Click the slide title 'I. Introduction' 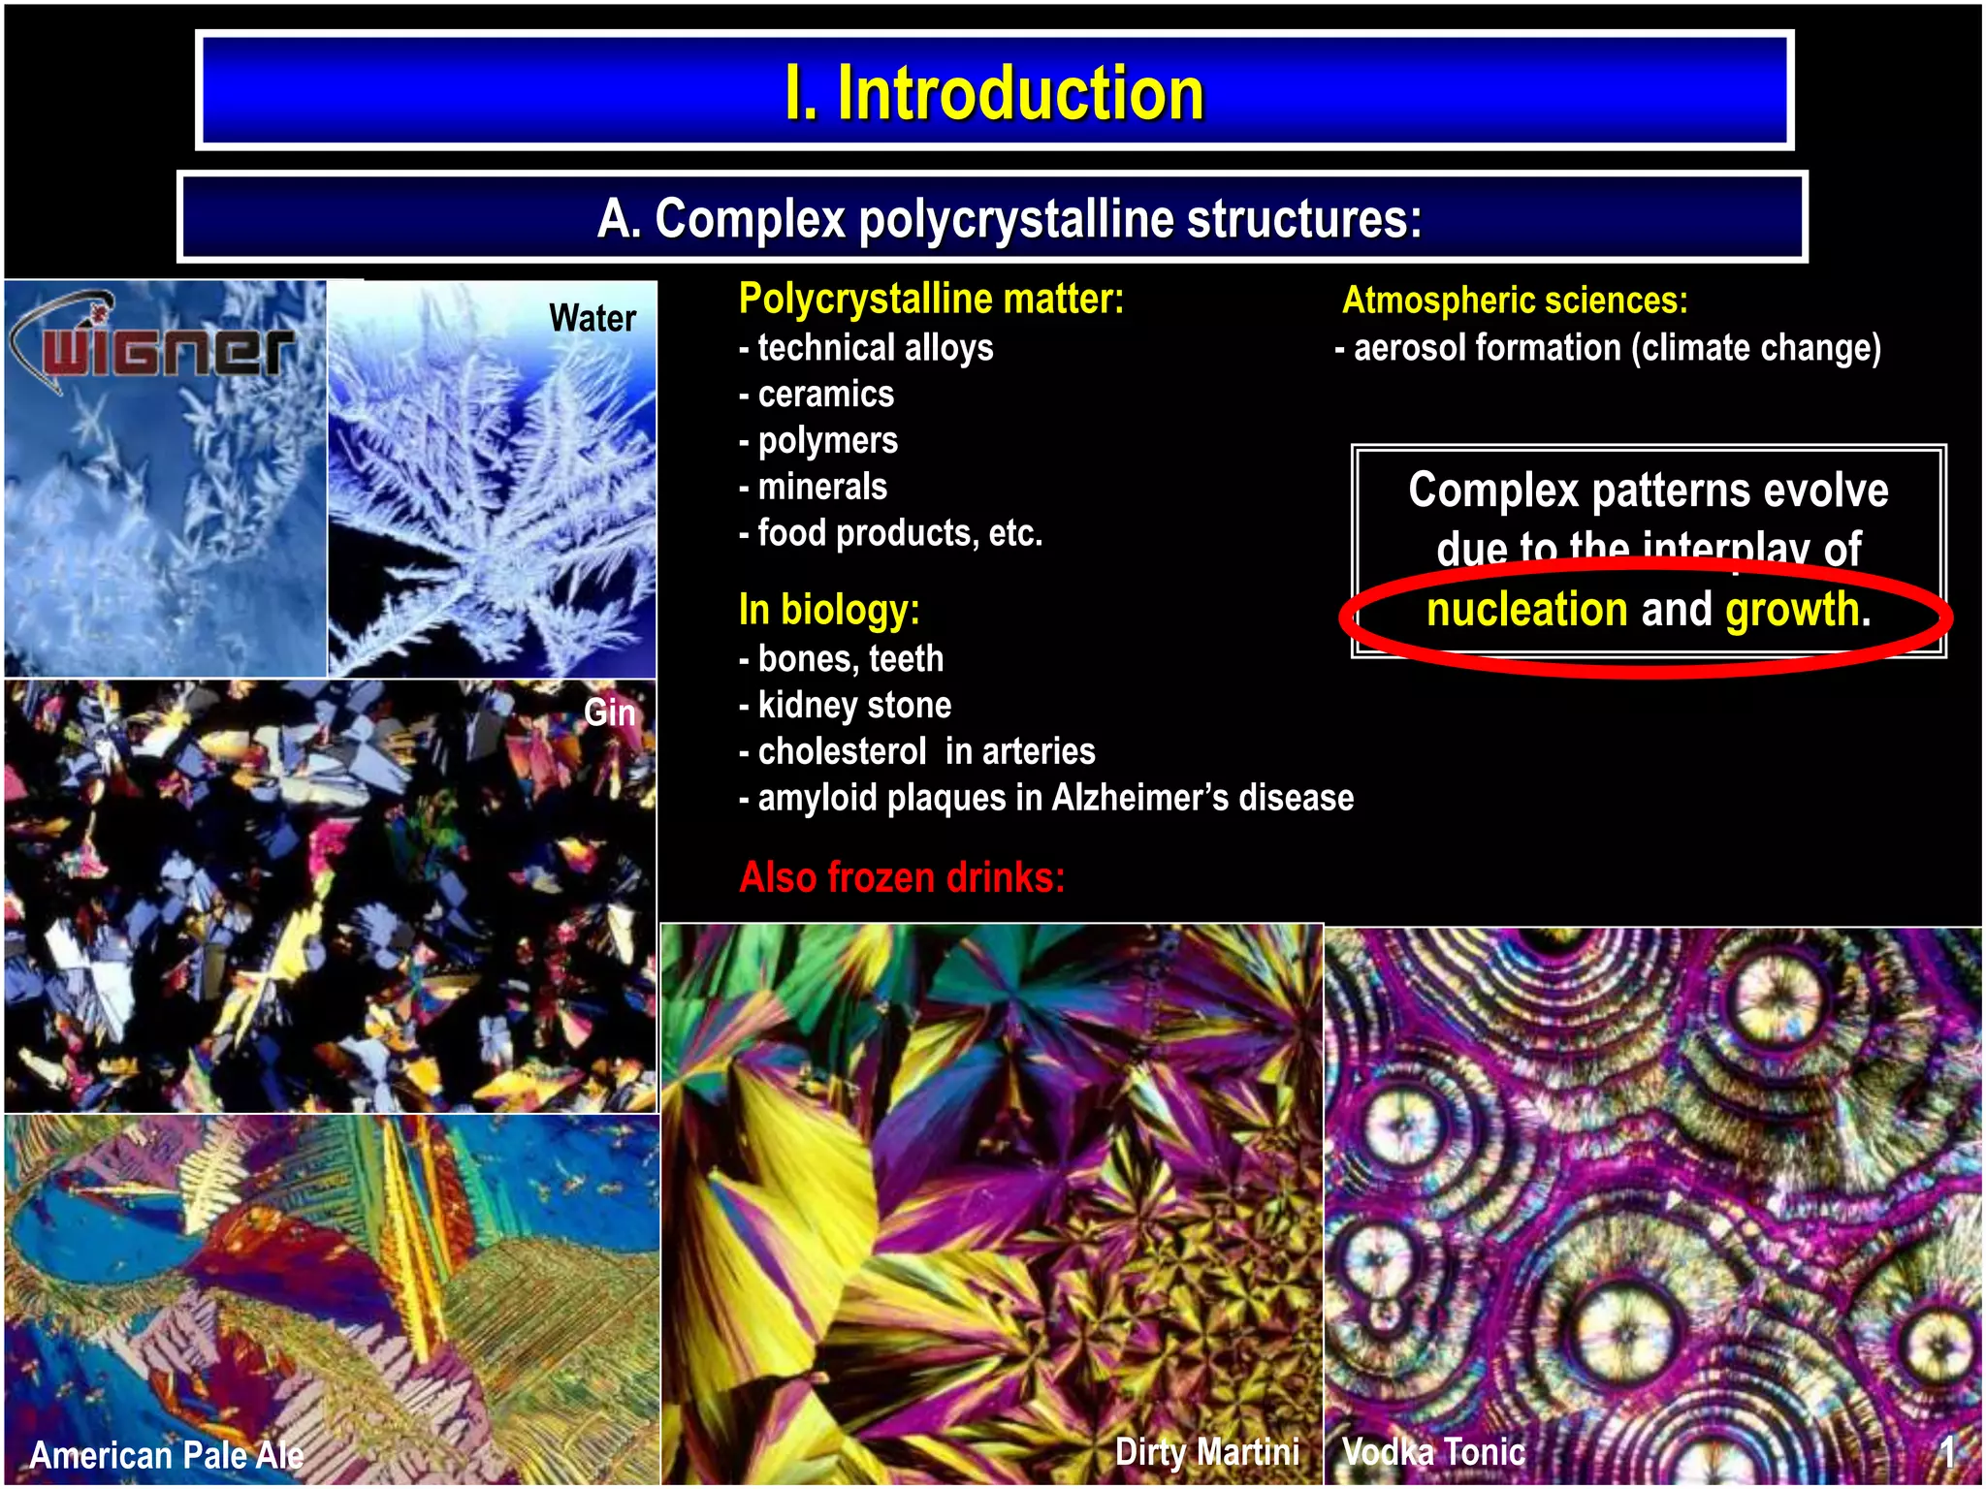tap(994, 93)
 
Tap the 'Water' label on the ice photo tap(593, 318)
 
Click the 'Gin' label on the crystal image tap(609, 713)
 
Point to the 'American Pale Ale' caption tap(167, 1454)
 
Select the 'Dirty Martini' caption tap(1206, 1451)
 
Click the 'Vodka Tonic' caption tap(1433, 1451)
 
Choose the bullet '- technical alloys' tap(866, 347)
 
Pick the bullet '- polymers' tap(818, 440)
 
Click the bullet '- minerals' tap(813, 486)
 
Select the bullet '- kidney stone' tap(845, 705)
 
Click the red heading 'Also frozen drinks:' tap(902, 877)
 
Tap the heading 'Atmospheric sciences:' tap(1515, 301)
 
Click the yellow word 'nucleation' tap(1526, 610)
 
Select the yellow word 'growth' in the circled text tap(1791, 610)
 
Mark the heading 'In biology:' tap(829, 610)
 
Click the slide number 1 tap(1947, 1451)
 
